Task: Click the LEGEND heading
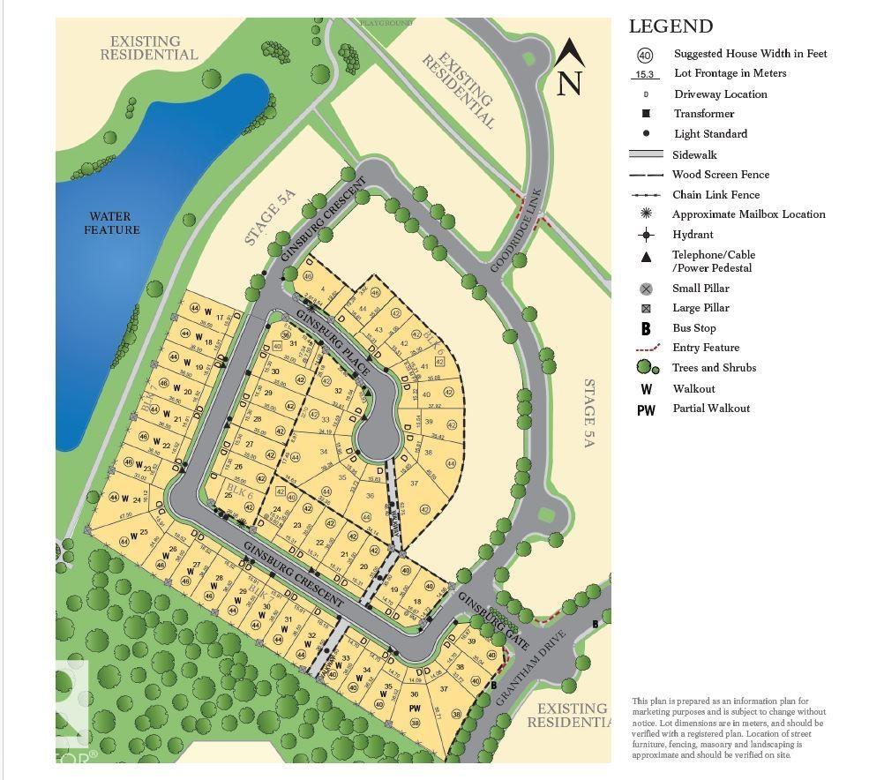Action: [670, 26]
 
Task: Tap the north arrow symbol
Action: [570, 67]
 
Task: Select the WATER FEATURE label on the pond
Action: [112, 223]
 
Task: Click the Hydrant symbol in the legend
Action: [646, 235]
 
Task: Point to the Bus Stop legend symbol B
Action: [646, 328]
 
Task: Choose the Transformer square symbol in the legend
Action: [646, 114]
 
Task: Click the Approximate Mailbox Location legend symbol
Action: [646, 214]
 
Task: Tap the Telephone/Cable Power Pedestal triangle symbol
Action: [646, 257]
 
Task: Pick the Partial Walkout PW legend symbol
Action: [646, 409]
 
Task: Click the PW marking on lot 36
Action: [415, 709]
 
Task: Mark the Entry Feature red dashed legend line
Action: [646, 349]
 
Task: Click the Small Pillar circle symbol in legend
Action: [646, 289]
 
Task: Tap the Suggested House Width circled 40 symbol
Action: [645, 55]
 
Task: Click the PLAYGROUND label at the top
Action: [386, 22]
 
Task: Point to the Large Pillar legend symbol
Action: [646, 309]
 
